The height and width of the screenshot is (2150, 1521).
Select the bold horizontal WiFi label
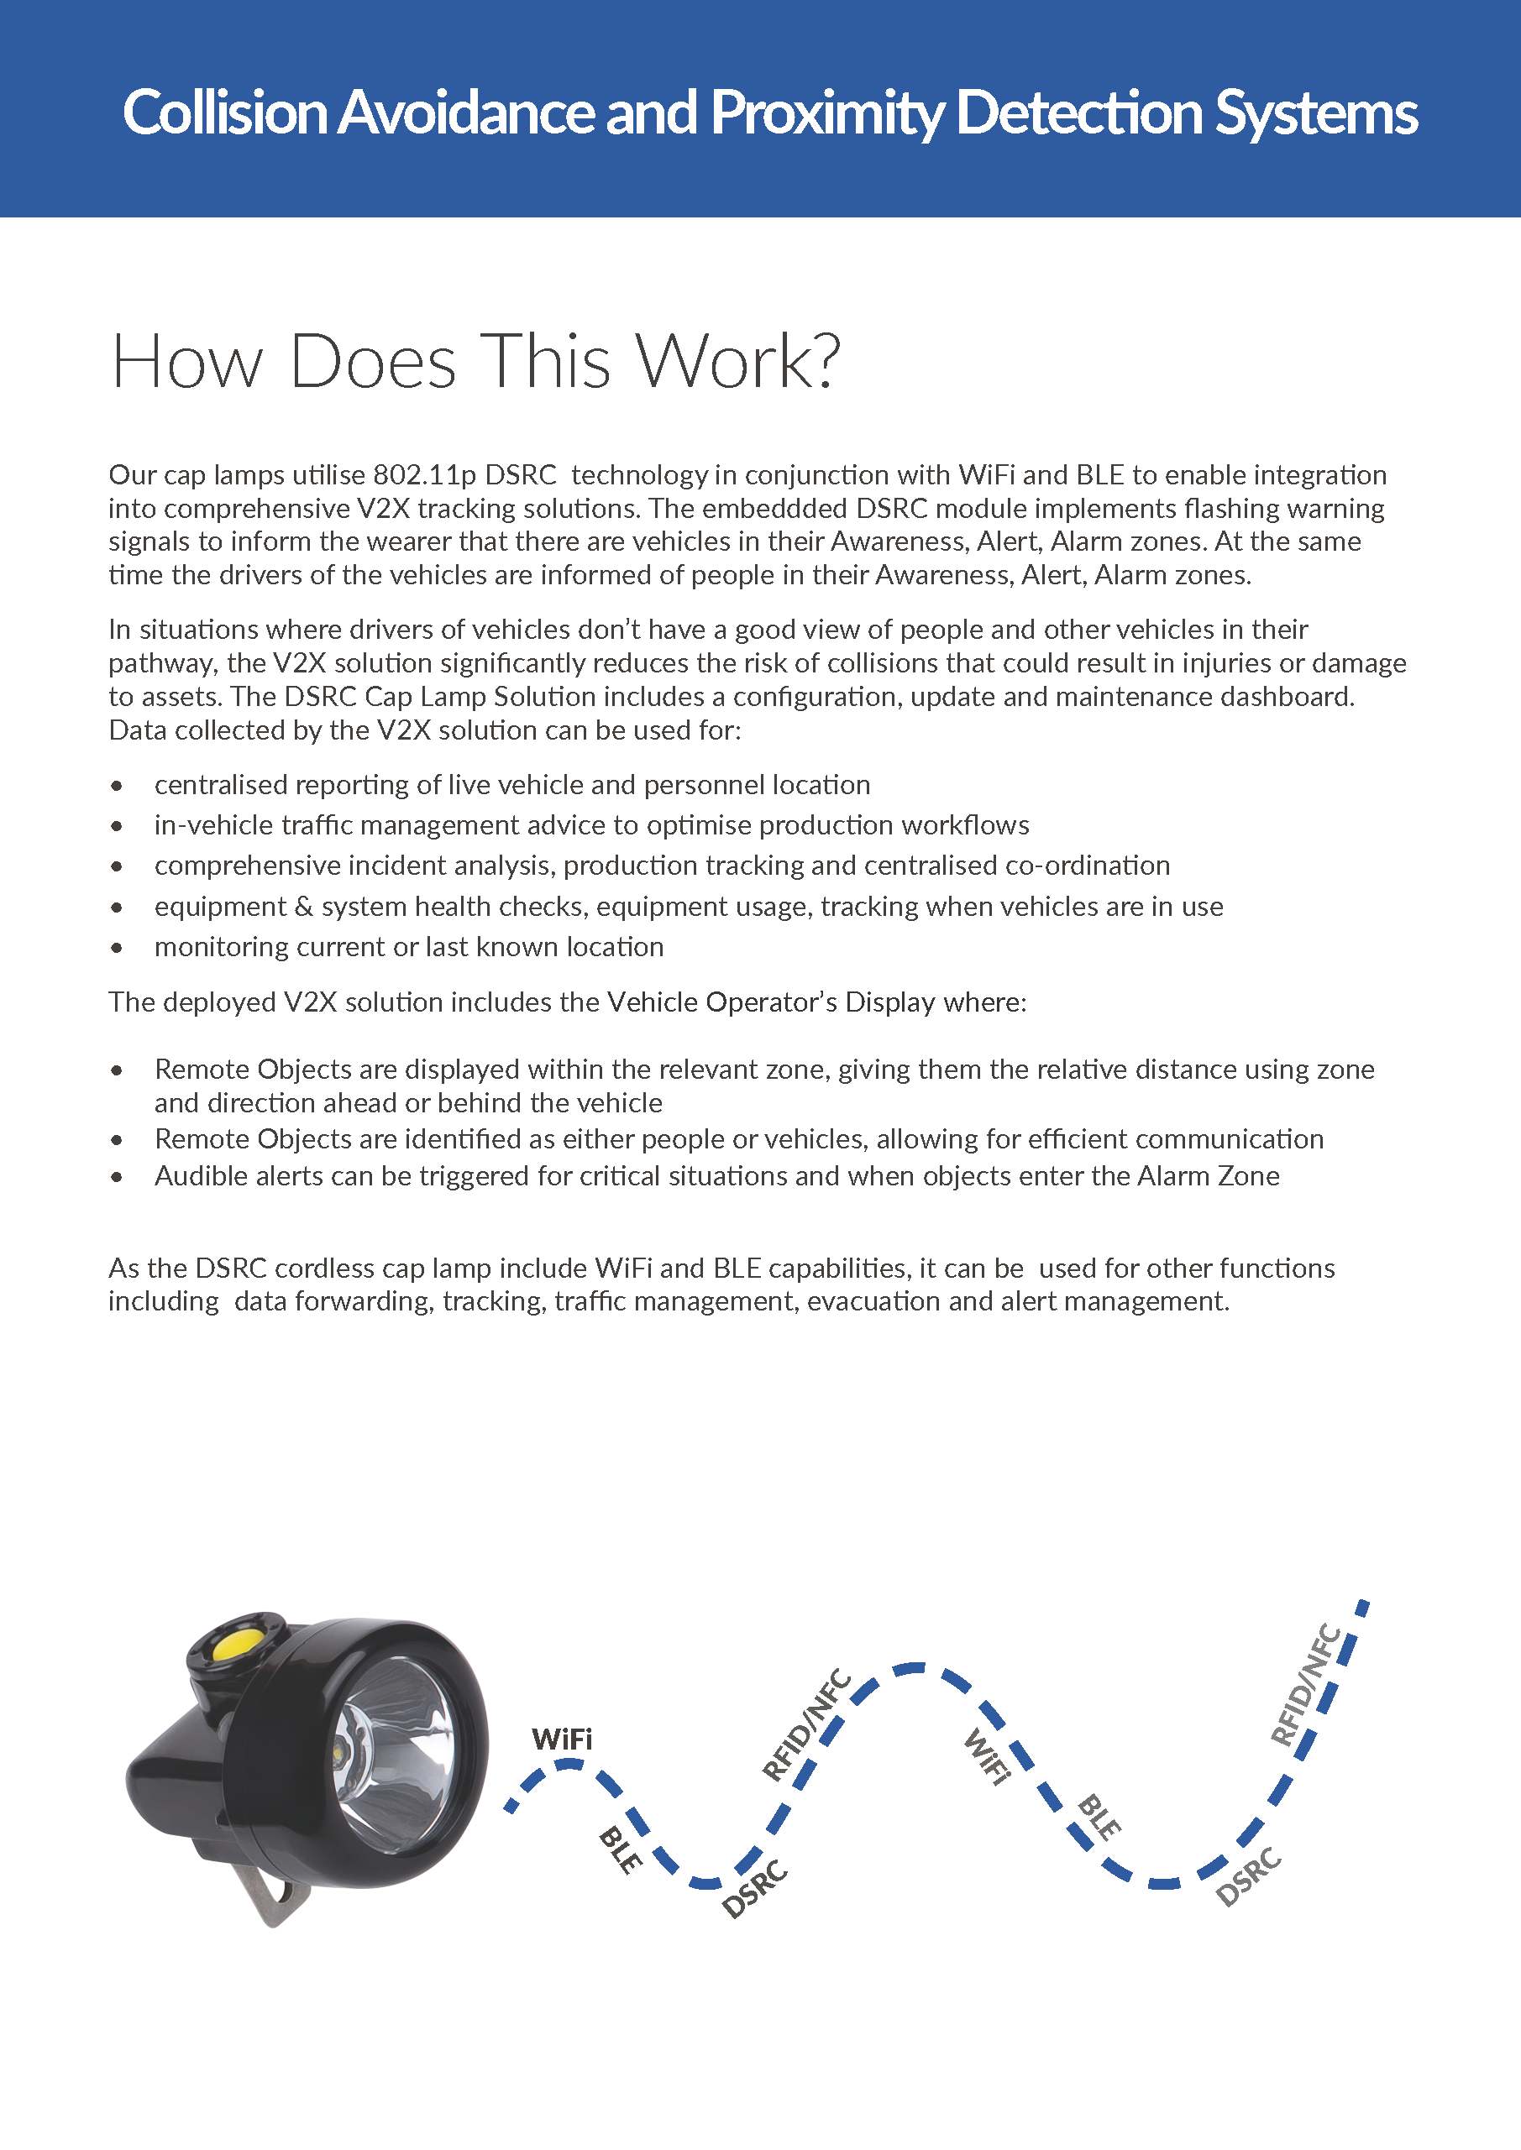point(562,1739)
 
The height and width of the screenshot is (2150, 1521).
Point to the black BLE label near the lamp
point(621,1849)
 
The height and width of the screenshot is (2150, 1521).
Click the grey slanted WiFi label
point(987,1757)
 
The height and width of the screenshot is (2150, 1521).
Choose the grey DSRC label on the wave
point(1247,1876)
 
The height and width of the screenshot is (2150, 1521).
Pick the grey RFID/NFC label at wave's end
point(1306,1685)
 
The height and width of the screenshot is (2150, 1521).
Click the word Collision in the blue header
point(225,113)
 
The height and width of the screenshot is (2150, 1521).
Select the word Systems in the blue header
point(1316,113)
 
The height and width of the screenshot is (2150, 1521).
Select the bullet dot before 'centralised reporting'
point(116,786)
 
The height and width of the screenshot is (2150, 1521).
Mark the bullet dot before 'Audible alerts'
point(116,1177)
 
